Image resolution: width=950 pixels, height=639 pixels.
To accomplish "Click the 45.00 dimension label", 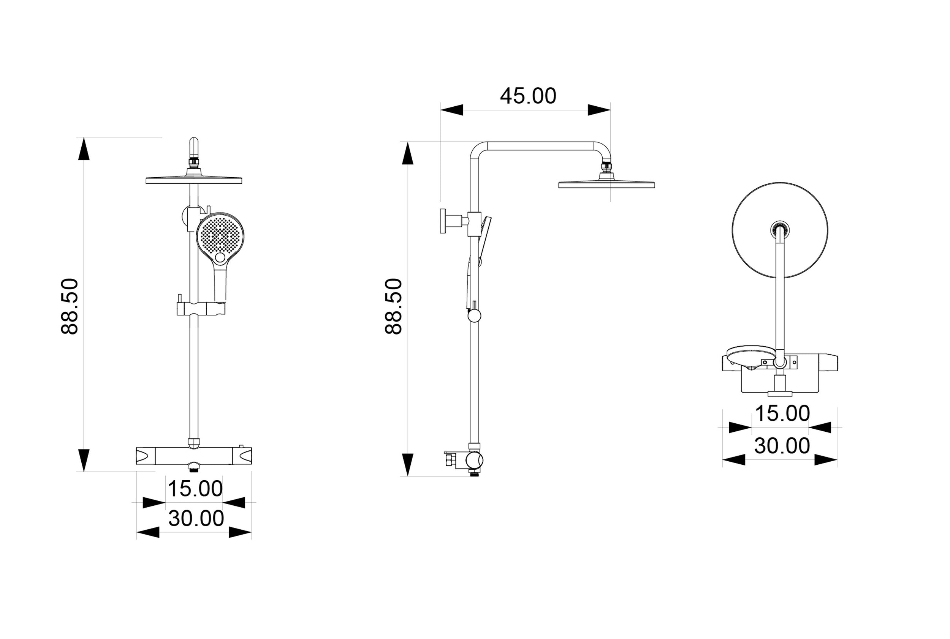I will [528, 96].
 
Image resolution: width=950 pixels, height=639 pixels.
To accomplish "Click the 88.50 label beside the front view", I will [69, 306].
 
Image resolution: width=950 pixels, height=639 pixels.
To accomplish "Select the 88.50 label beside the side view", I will [394, 306].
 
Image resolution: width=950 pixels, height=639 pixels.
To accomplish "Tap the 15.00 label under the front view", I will [195, 489].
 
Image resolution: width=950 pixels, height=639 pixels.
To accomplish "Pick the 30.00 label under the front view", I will [196, 518].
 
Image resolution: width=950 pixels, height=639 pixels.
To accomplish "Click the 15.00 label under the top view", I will [782, 413].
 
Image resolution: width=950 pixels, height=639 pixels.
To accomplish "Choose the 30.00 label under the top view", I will [782, 446].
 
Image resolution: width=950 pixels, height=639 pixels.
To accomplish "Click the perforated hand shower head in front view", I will [220, 235].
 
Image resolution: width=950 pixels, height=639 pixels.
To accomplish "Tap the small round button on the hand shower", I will [220, 257].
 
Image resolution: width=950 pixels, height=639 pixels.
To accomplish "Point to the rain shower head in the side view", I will [606, 184].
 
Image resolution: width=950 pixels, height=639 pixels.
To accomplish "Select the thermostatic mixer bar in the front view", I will [194, 456].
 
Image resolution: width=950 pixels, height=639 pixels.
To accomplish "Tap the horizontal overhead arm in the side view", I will [540, 146].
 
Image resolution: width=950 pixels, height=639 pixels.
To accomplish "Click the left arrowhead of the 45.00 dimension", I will [451, 110].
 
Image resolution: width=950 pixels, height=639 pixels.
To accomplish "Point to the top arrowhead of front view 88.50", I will [84, 149].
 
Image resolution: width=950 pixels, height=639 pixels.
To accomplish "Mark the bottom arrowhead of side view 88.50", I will [407, 464].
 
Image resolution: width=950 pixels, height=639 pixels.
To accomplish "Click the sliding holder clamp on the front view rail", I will [201, 309].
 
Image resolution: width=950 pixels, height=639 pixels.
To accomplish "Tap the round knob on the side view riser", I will [474, 316].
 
